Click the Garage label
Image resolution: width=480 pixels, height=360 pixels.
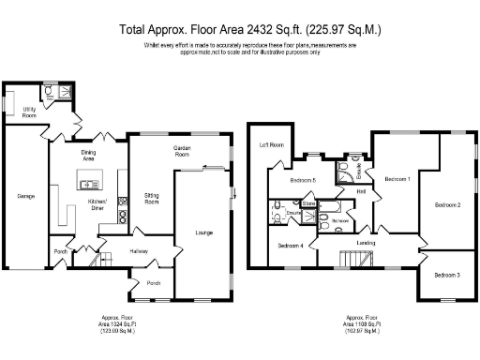25,197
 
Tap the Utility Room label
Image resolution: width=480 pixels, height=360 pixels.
29,112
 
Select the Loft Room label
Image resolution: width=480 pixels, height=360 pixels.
271,146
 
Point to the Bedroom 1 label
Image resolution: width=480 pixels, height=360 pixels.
397,178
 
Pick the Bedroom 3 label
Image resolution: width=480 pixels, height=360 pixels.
446,275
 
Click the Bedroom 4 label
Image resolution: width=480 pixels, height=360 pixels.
291,246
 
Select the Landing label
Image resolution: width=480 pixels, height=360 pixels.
365,242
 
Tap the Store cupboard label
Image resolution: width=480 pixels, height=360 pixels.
308,202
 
